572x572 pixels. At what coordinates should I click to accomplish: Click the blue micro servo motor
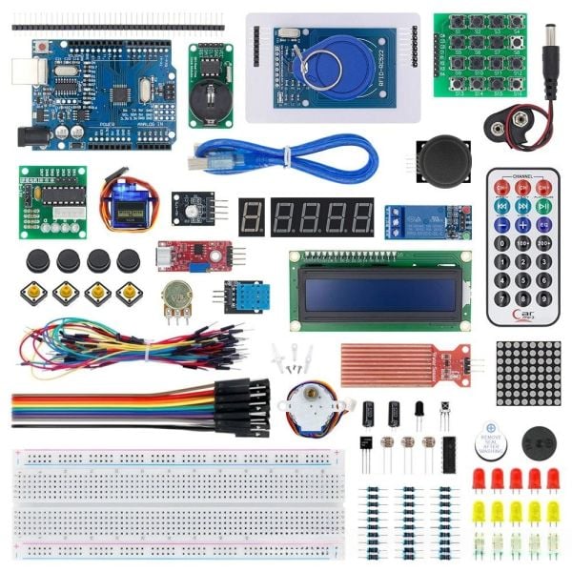coord(124,202)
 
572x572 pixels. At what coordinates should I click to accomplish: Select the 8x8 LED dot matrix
coord(529,373)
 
